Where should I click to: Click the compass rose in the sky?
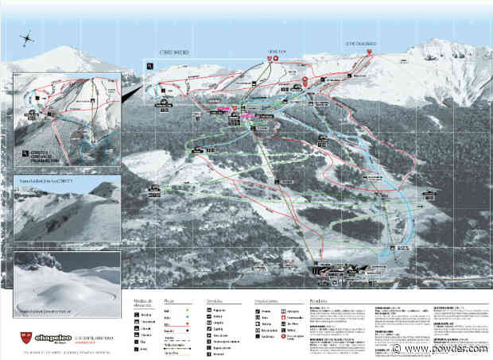point(27,36)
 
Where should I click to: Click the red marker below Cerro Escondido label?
point(371,52)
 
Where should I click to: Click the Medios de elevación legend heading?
point(142,304)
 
